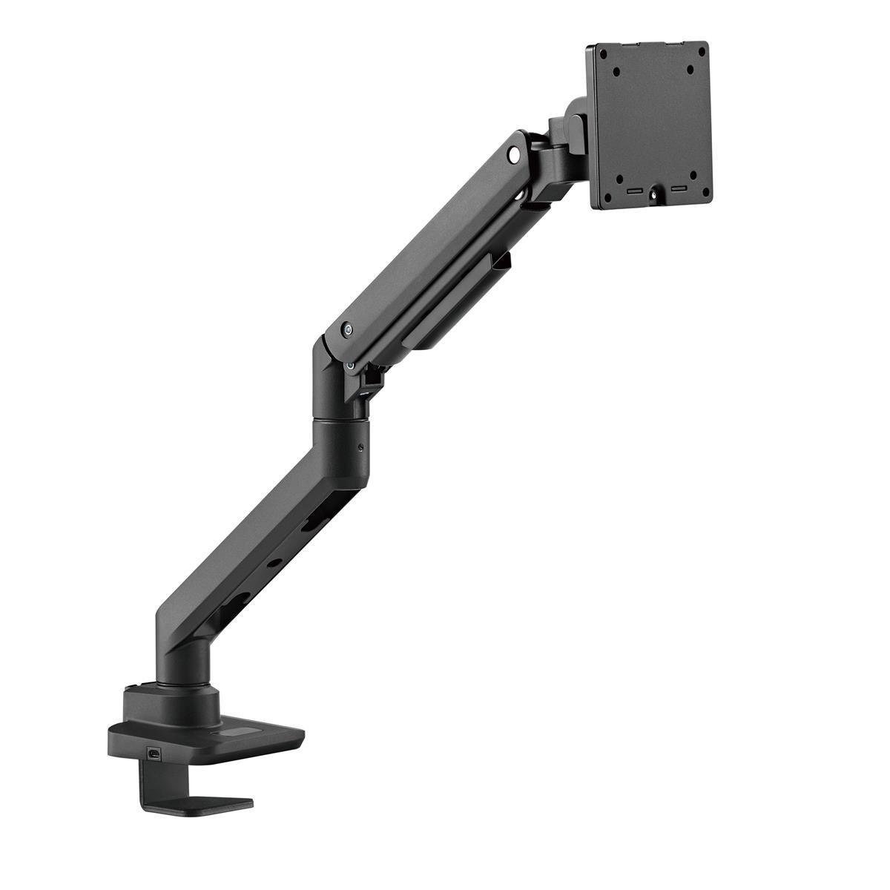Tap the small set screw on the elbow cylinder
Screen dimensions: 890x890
pyautogui.click(x=360, y=447)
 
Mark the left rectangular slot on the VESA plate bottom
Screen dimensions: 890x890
pyautogui.click(x=635, y=192)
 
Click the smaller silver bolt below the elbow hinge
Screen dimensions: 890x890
pyautogui.click(x=349, y=365)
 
